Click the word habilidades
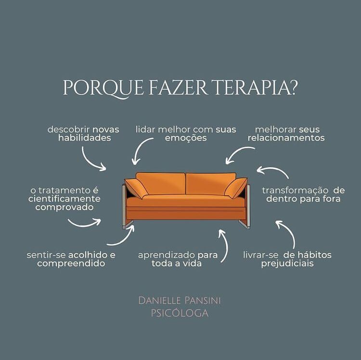pos(85,138)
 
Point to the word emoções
pos(186,138)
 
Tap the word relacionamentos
pos(286,138)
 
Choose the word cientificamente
pos(64,199)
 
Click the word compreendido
pos(71,264)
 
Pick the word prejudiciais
pos(287,264)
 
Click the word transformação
pos(295,190)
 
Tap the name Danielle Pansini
pos(180,300)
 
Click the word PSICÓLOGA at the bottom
pos(180,313)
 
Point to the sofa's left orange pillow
pos(136,188)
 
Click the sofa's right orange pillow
pos(236,188)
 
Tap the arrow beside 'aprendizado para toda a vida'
pos(223,245)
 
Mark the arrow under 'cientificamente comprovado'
pos(84,223)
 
